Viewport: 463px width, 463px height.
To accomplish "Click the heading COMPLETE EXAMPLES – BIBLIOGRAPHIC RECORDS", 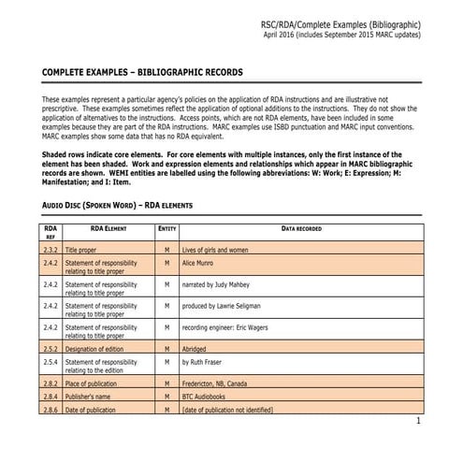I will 143,72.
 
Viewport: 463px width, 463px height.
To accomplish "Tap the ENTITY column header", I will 166,228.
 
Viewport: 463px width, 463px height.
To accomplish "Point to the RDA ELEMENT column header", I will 109,228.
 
